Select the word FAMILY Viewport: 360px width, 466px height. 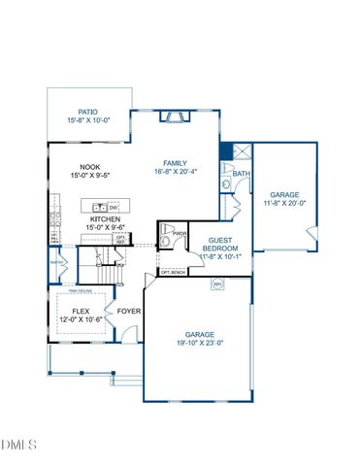(175, 162)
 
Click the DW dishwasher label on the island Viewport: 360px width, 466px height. (114, 207)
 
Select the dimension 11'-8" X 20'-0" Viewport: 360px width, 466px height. (287, 203)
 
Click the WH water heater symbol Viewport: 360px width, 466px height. (218, 283)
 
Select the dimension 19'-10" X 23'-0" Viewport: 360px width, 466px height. (199, 342)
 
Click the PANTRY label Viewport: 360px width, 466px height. (55, 261)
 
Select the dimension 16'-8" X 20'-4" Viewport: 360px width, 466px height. (175, 171)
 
